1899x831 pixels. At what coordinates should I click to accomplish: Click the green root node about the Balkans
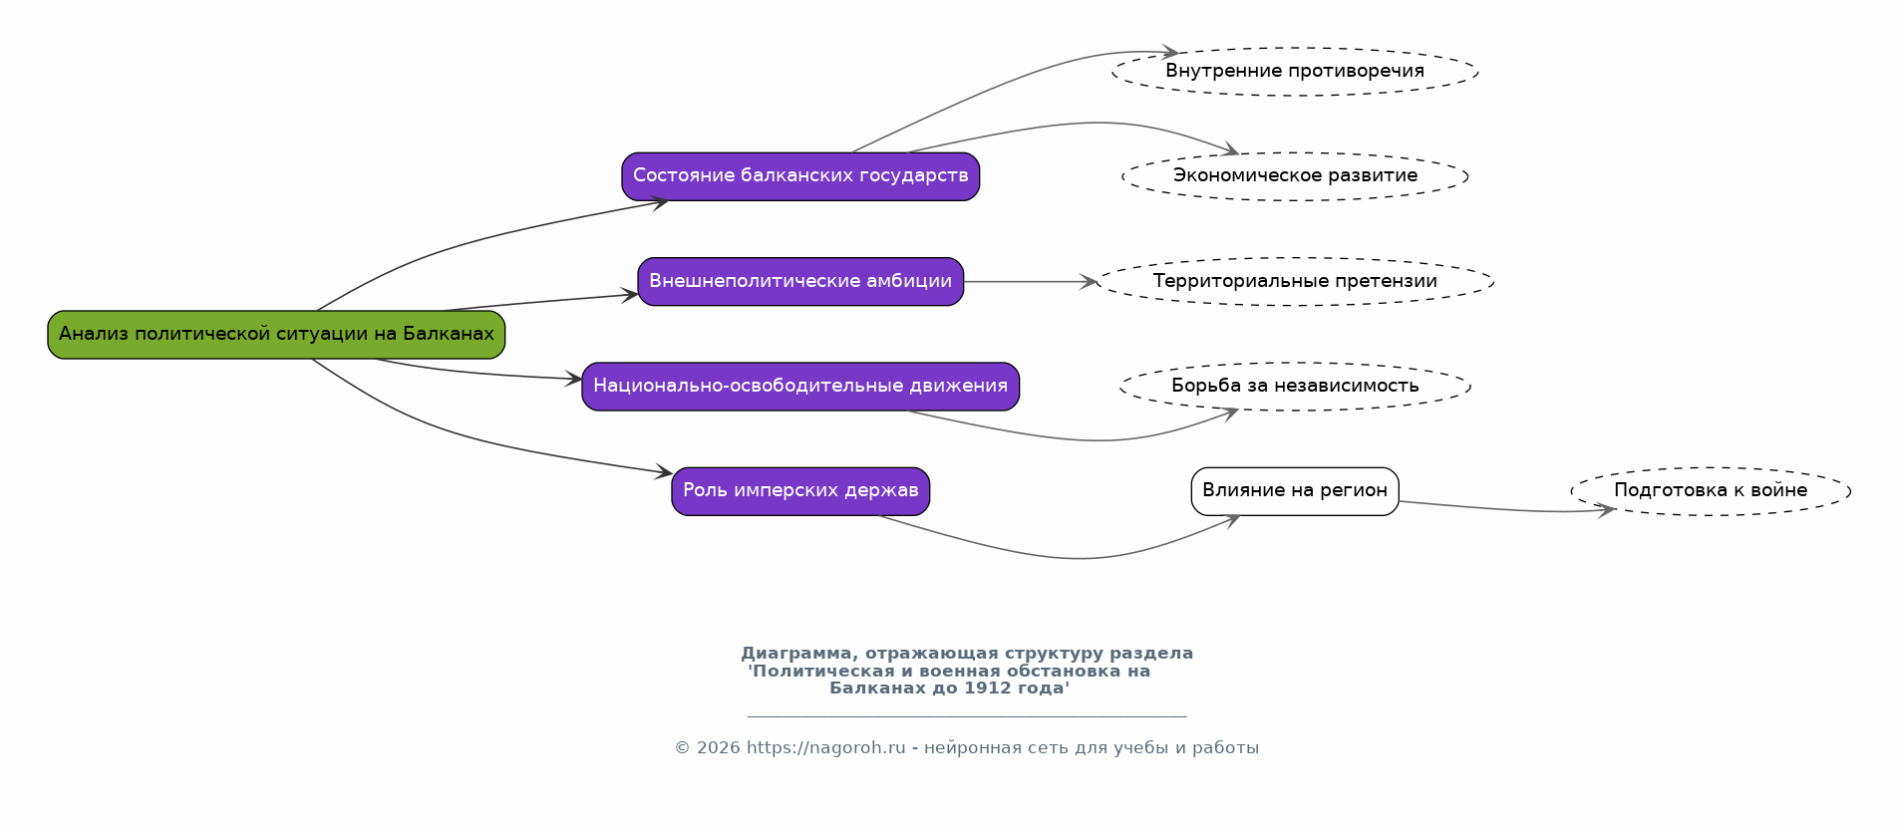click(x=276, y=335)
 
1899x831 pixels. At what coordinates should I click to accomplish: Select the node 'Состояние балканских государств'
click(x=800, y=176)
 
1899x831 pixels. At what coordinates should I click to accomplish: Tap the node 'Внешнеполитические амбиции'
click(x=800, y=282)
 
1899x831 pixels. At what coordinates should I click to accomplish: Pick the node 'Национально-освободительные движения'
click(x=800, y=387)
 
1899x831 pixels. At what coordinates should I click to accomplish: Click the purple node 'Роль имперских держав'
click(x=800, y=491)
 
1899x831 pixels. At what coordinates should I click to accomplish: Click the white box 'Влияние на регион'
click(x=1295, y=491)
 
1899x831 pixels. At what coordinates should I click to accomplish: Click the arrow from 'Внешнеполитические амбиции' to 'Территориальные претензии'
click(x=1030, y=282)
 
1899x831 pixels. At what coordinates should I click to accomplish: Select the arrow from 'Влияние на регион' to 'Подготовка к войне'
click(x=1506, y=510)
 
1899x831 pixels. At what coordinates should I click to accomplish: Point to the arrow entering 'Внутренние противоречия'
click(x=1007, y=83)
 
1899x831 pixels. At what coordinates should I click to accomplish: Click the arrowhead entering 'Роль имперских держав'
click(x=663, y=472)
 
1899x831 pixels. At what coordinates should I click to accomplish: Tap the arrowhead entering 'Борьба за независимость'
click(x=1228, y=413)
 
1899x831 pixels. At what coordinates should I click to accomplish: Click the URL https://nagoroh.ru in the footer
click(x=825, y=748)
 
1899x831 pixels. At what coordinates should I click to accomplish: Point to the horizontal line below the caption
click(x=967, y=716)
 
